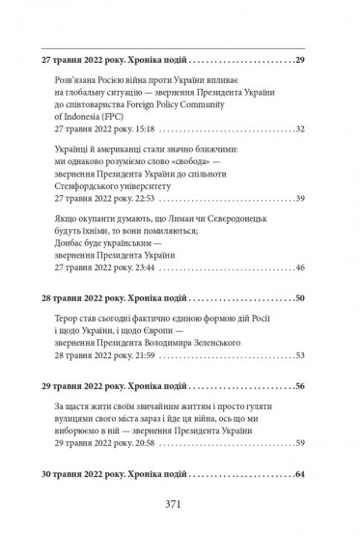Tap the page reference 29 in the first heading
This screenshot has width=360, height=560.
tap(298, 60)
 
